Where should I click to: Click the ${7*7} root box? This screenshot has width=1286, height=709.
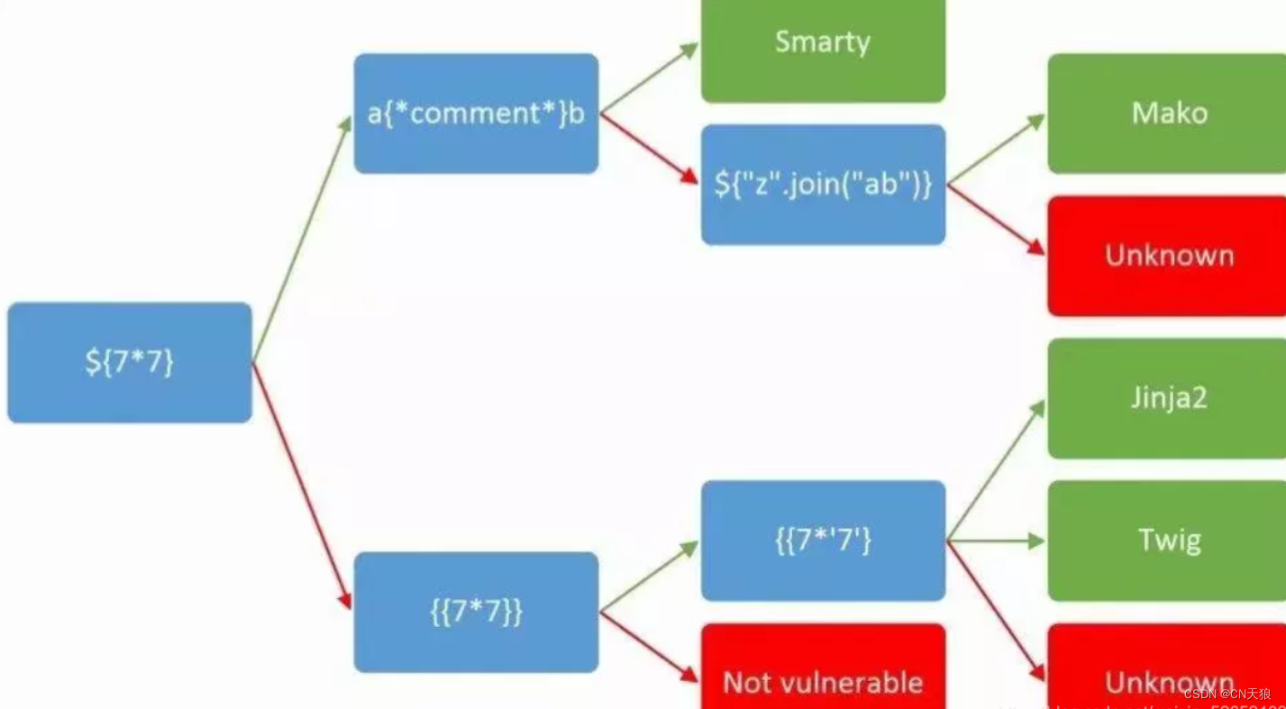130,362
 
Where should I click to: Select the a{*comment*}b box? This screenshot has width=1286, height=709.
476,114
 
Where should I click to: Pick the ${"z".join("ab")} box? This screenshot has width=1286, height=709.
823,185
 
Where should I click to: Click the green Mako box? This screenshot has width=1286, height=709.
1168,114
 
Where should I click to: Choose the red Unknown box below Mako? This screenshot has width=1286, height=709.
1168,256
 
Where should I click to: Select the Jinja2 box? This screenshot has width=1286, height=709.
1168,398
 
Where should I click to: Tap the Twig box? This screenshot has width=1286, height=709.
1168,541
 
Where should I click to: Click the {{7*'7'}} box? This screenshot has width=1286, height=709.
823,541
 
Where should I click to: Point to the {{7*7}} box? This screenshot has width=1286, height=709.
476,612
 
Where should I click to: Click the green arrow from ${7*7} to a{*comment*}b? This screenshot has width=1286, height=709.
302,239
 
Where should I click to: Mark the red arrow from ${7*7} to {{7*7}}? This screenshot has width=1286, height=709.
302,486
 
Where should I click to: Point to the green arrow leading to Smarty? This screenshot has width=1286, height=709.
649,78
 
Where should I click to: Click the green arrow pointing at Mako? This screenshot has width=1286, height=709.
996,150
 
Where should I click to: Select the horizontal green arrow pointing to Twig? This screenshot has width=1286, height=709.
996,541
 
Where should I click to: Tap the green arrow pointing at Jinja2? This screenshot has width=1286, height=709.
996,470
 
